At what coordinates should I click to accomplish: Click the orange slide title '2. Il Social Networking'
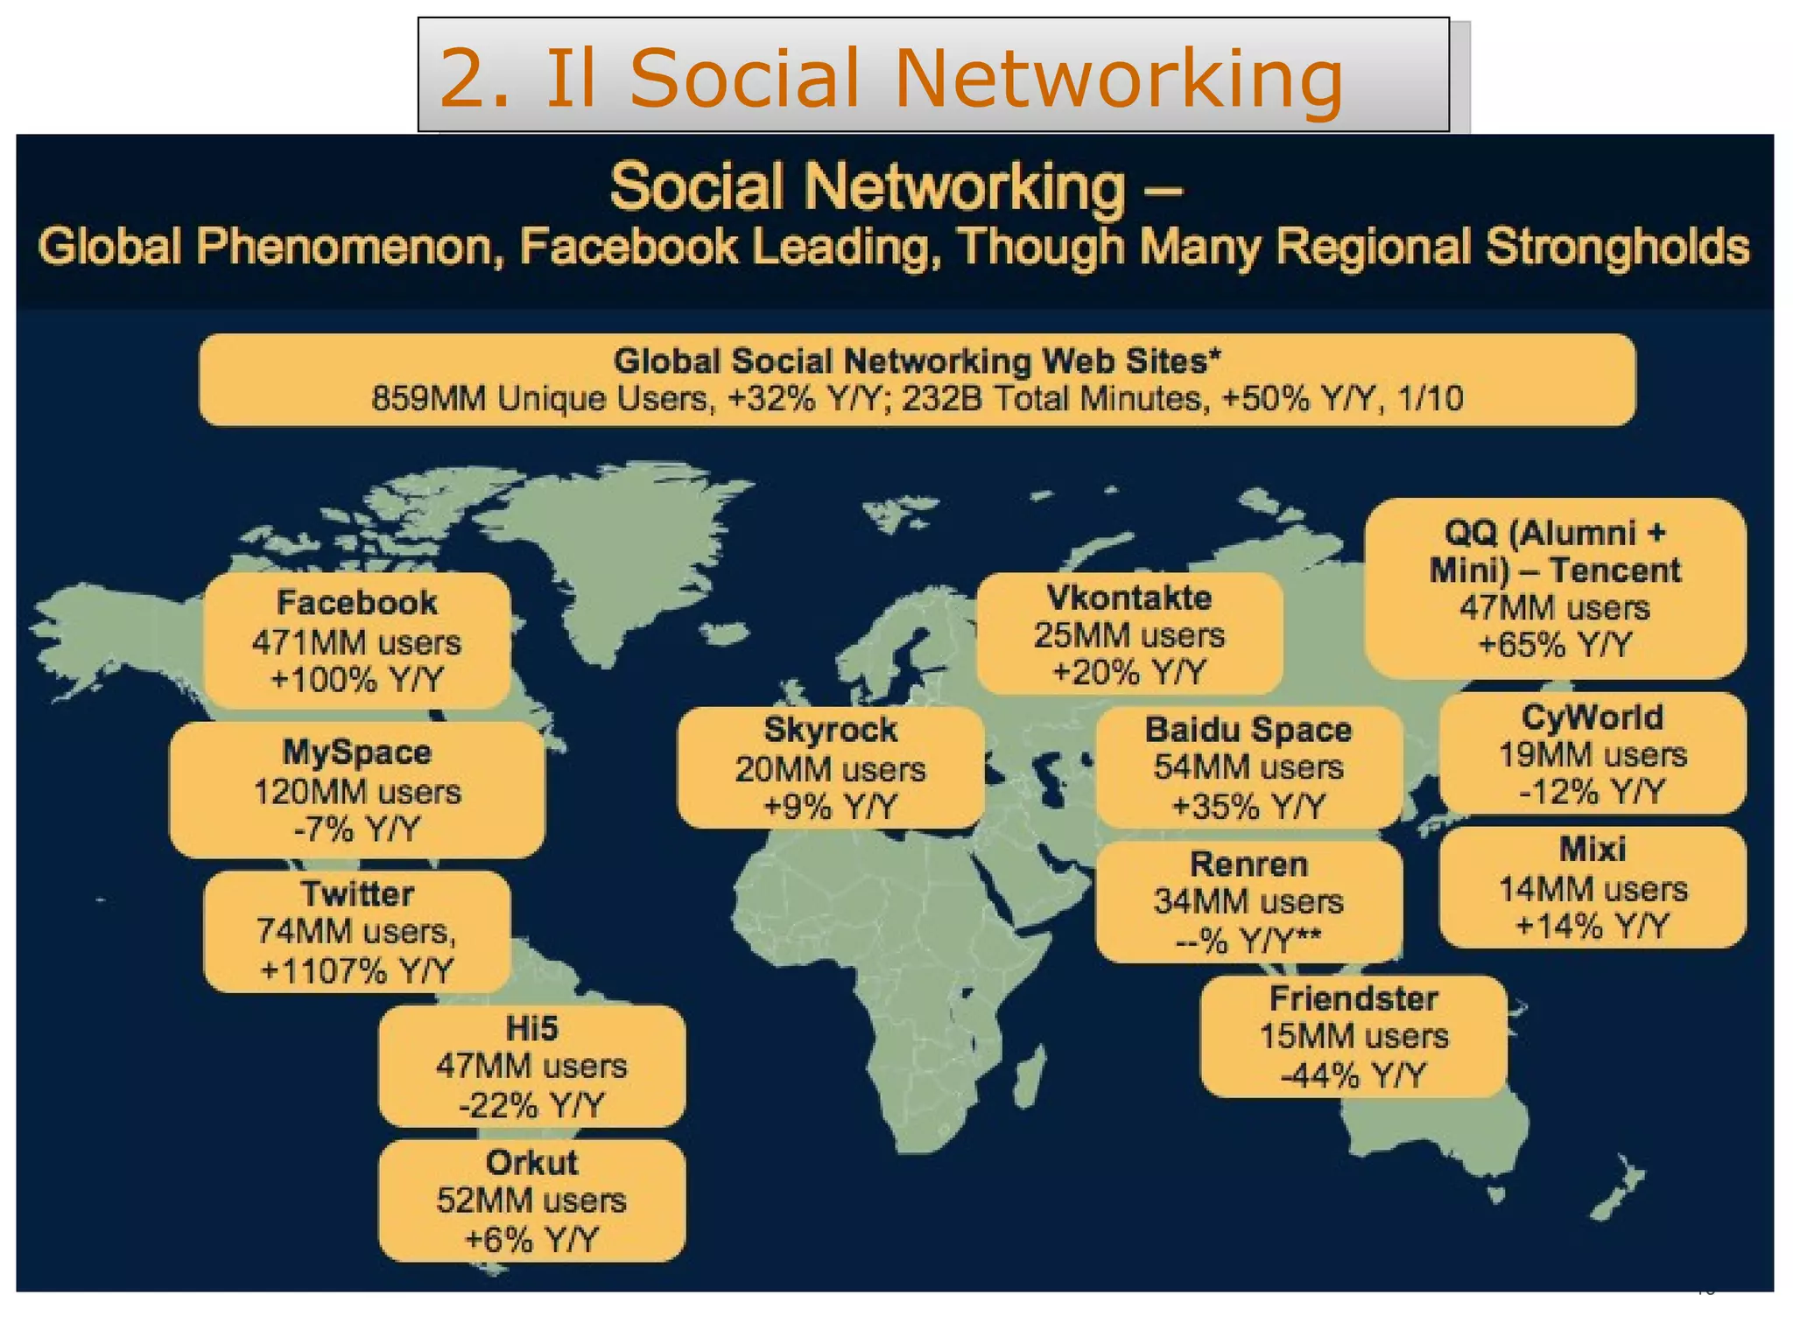(890, 78)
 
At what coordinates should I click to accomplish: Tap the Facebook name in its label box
(356, 603)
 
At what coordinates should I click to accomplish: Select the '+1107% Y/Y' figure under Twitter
(356, 970)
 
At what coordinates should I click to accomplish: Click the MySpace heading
(356, 752)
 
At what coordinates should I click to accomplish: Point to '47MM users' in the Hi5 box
(531, 1066)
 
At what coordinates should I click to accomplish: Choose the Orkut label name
(531, 1163)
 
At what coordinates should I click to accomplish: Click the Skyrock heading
(830, 730)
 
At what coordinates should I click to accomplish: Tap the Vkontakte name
(1129, 598)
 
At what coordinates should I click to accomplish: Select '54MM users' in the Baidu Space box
(1248, 767)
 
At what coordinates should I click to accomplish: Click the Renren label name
(1248, 864)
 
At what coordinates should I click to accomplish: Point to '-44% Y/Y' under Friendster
(1354, 1074)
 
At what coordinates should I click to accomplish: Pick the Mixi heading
(1593, 849)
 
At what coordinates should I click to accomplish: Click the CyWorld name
(1593, 717)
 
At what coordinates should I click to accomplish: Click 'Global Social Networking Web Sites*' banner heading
(917, 360)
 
